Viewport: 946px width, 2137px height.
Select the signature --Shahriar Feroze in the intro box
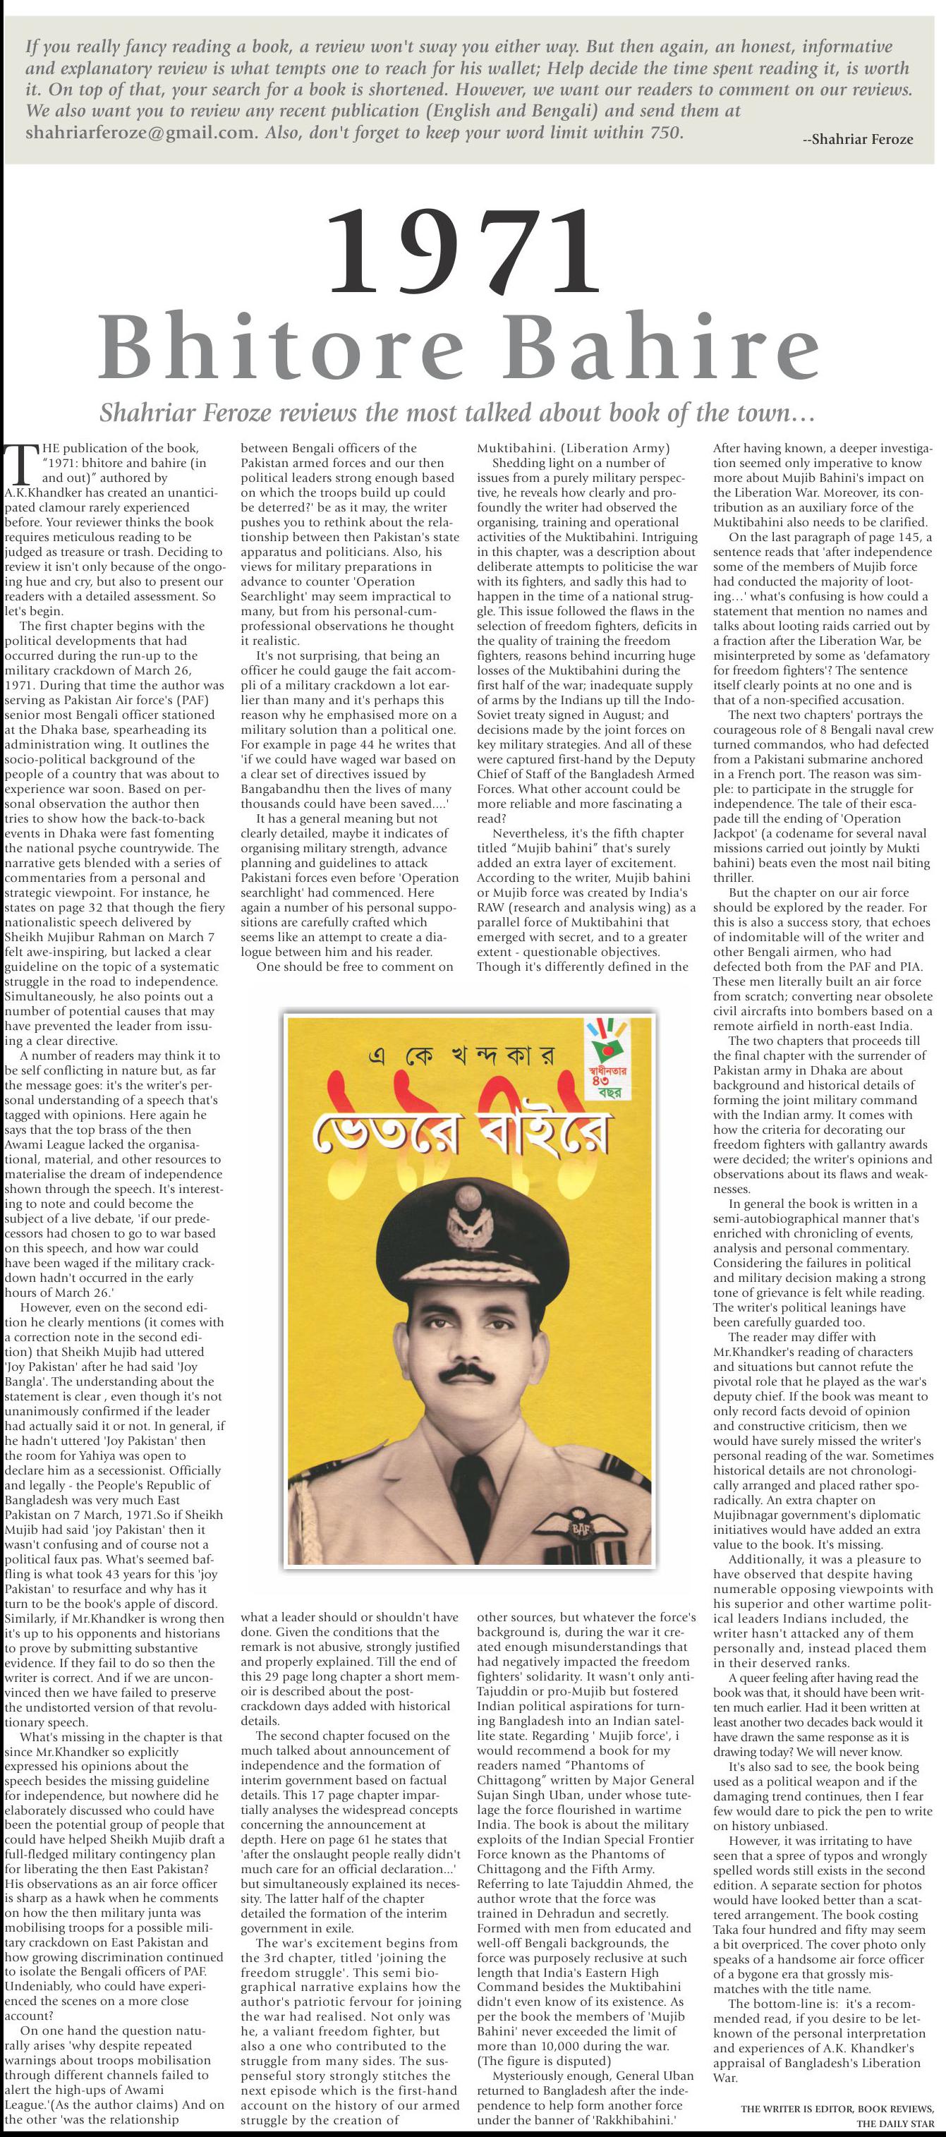pos(857,140)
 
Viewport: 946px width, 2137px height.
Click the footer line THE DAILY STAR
pos(895,2124)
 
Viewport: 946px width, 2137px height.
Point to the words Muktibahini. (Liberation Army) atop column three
pos(573,449)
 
